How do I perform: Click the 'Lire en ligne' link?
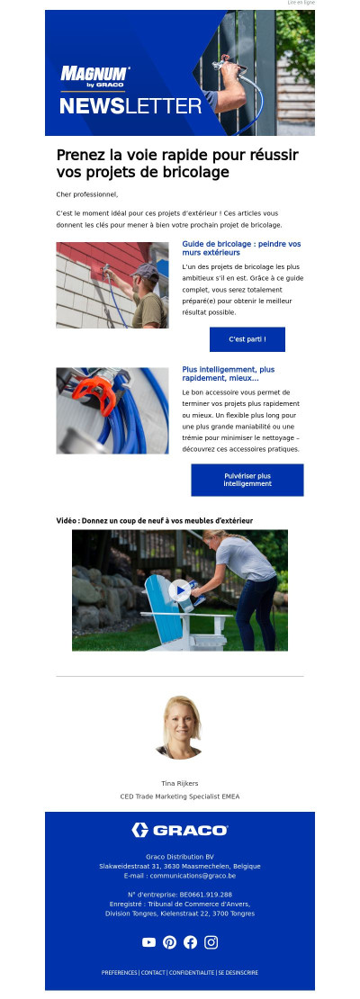click(x=301, y=3)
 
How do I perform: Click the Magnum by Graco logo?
click(x=94, y=76)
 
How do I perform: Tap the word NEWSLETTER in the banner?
click(x=130, y=106)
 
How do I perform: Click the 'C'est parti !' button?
click(x=247, y=339)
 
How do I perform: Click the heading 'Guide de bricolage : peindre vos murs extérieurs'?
click(x=241, y=248)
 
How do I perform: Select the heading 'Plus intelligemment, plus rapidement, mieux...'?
click(x=228, y=374)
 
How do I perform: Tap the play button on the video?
click(x=180, y=590)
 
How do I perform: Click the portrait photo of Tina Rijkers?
click(x=179, y=727)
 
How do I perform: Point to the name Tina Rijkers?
click(x=180, y=783)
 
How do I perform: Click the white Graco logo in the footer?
click(x=180, y=830)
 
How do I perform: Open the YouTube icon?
click(x=148, y=942)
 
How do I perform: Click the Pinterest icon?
click(x=169, y=942)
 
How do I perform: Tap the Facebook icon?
click(x=190, y=942)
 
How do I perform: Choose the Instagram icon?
click(x=211, y=942)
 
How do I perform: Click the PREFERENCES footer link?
click(x=120, y=973)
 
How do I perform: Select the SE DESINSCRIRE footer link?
click(x=238, y=973)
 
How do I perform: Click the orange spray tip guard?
click(x=94, y=391)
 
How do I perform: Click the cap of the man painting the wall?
click(x=145, y=272)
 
